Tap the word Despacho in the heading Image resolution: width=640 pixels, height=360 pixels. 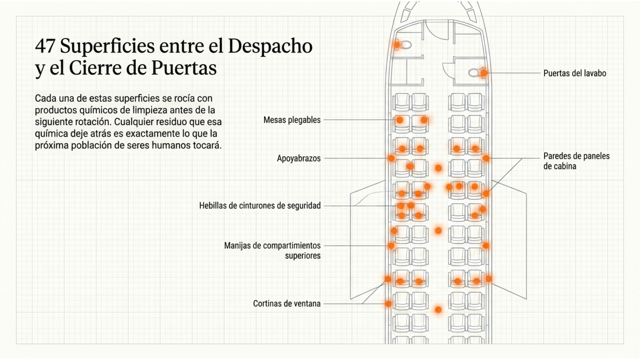click(x=270, y=47)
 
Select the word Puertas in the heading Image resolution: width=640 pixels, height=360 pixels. click(x=184, y=68)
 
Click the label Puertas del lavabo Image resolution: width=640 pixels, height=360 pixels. click(x=575, y=73)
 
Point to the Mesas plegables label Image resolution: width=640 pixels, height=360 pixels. click(x=292, y=120)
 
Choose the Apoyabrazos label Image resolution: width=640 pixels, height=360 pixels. click(x=299, y=158)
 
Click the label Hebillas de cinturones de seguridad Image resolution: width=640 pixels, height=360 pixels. click(x=260, y=206)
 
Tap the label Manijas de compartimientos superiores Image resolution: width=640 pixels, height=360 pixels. click(x=272, y=251)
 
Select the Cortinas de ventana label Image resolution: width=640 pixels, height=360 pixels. click(x=287, y=304)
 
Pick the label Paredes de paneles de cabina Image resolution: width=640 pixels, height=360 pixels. click(x=576, y=161)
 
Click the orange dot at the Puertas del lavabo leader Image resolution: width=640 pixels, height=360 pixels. click(x=484, y=73)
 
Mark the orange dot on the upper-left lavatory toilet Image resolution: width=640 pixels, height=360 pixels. click(x=397, y=44)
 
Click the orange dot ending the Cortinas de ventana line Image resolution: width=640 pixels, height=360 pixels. click(x=388, y=304)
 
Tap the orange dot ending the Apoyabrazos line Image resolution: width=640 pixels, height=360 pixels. click(x=391, y=158)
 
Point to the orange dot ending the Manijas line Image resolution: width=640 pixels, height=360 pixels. click(x=391, y=246)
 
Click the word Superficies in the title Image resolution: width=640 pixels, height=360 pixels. click(x=107, y=47)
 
